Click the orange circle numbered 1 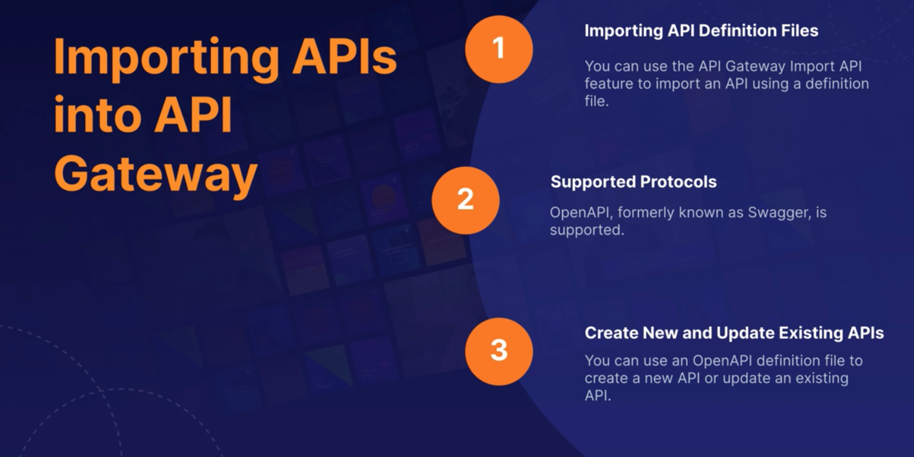point(499,49)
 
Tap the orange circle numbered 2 point(465,200)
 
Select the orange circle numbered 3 point(499,351)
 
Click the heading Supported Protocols point(633,182)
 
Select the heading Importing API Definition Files point(701,31)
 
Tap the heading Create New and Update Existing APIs point(734,333)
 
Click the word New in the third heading point(658,333)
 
